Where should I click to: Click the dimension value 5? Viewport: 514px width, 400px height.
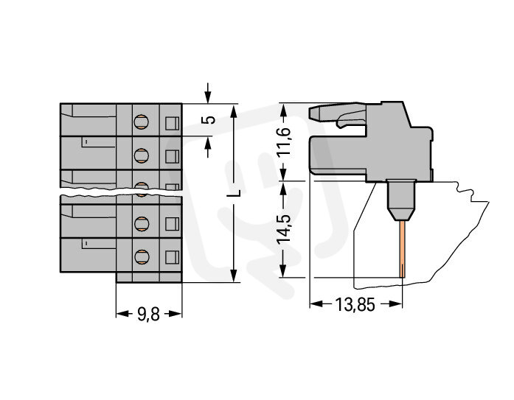coord(211,120)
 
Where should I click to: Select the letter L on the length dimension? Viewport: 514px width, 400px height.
coord(234,194)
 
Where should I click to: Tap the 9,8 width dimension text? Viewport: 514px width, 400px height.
coord(149,313)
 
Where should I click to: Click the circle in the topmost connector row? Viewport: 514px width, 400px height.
coord(142,122)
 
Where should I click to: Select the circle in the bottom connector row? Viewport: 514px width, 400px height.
coord(142,256)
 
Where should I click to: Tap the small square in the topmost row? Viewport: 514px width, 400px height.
coord(173,123)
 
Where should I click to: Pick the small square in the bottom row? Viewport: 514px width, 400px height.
coord(173,256)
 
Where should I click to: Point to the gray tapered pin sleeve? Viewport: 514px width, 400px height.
coord(400,201)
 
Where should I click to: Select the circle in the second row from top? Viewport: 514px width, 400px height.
coord(142,155)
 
